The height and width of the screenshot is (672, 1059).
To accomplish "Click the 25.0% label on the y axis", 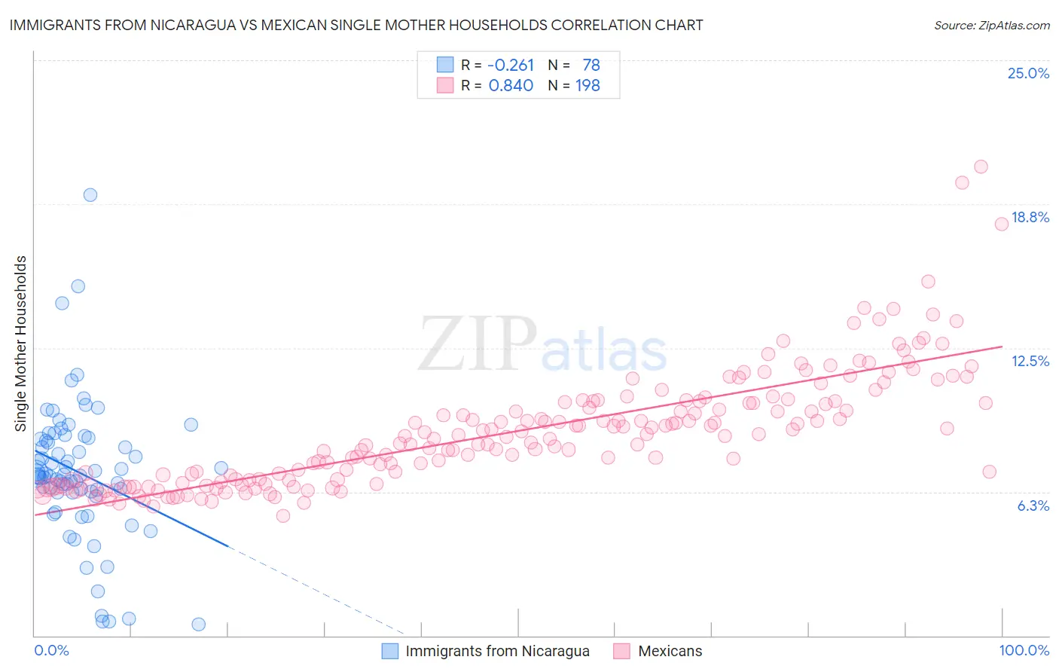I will pyautogui.click(x=1028, y=74).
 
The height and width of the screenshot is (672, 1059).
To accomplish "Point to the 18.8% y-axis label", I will pyautogui.click(x=1030, y=218).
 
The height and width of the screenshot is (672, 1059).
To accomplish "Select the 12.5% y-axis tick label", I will pyautogui.click(x=1030, y=362).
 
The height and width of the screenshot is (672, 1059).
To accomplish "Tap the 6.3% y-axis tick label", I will pyautogui.click(x=1033, y=506).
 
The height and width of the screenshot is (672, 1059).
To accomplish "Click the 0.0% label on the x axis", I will pyautogui.click(x=51, y=650).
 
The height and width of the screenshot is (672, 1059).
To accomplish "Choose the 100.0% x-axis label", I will pyautogui.click(x=1024, y=650).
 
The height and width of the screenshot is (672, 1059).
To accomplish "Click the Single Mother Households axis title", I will pyautogui.click(x=21, y=344).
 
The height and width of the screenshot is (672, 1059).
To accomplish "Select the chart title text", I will pyautogui.click(x=356, y=26).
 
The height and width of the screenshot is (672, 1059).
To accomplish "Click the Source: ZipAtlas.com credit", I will pyautogui.click(x=991, y=26).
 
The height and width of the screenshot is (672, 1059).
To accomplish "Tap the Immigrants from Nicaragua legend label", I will pyautogui.click(x=497, y=651).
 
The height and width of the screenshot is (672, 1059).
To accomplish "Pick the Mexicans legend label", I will pyautogui.click(x=670, y=651).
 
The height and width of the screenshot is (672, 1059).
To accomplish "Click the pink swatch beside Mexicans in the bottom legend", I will pyautogui.click(x=621, y=651).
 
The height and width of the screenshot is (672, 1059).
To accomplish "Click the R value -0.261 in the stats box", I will pyautogui.click(x=511, y=66).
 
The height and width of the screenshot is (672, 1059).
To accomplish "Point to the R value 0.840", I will pyautogui.click(x=511, y=86).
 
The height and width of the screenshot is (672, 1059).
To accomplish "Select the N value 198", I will pyautogui.click(x=587, y=86).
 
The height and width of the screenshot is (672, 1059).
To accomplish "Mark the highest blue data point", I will pyautogui.click(x=90, y=195).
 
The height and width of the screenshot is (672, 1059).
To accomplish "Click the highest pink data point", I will pyautogui.click(x=981, y=166).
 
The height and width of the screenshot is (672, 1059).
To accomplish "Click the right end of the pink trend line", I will pyautogui.click(x=1002, y=347).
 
